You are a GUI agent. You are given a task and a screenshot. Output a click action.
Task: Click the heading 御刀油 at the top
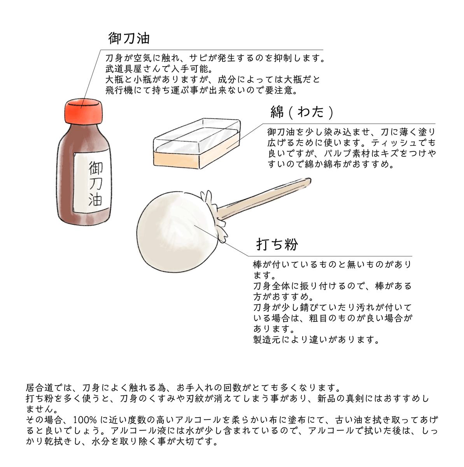129,38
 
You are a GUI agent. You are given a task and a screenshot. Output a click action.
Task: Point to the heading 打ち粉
277,244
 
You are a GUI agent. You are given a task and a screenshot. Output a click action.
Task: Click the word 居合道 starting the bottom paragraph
40,388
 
